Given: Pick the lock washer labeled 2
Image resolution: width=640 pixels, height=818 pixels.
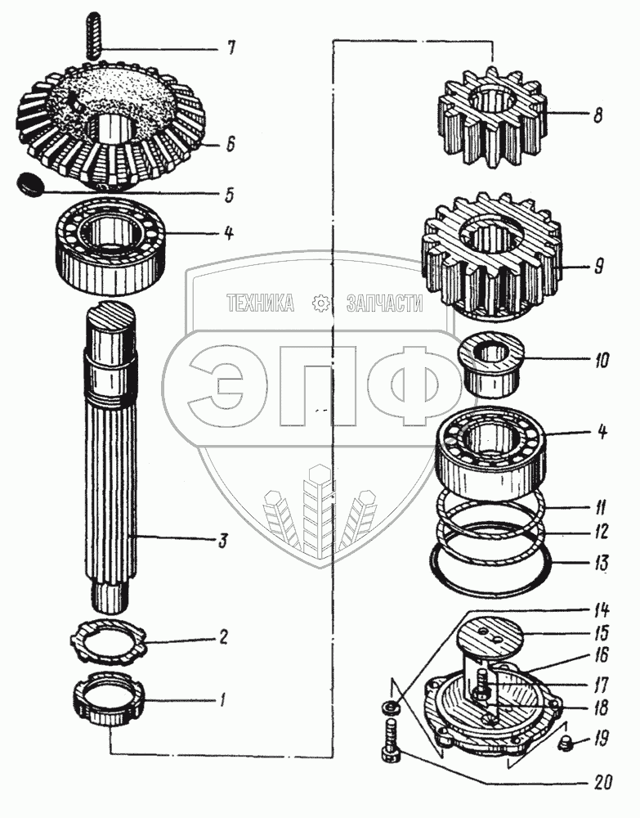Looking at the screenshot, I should tap(110, 643).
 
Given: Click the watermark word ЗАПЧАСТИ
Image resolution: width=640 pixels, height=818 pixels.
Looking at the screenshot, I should tap(384, 304).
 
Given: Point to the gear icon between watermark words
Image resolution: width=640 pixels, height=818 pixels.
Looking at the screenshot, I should tap(320, 304).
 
